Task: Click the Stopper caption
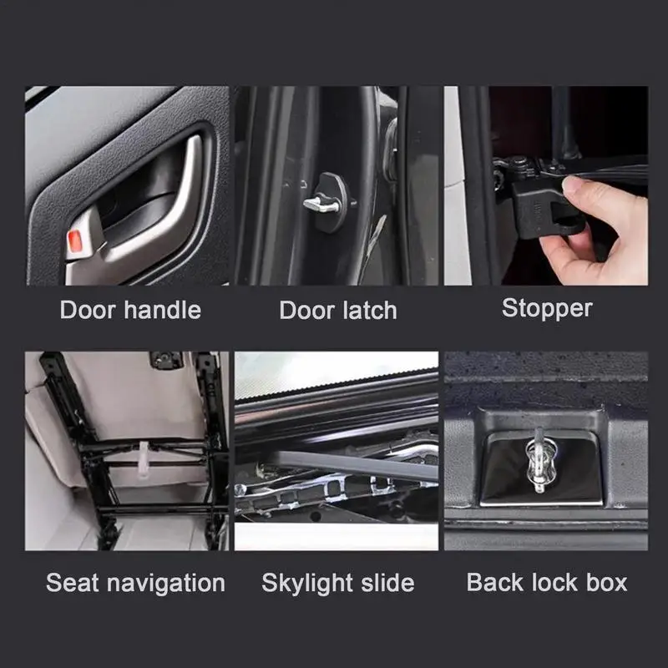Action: coord(547,307)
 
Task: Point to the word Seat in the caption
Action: coord(73,583)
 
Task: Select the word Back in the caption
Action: coord(493,582)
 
